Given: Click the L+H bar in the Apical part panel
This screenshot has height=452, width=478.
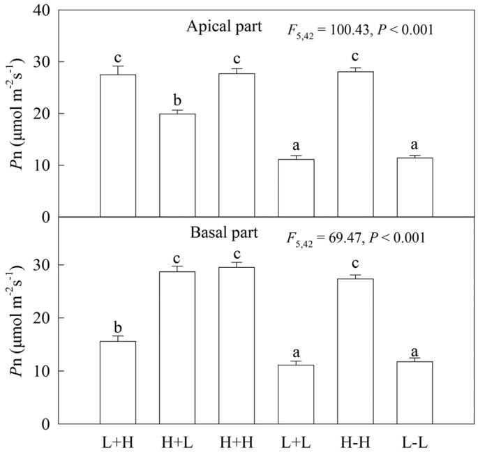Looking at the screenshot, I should (118, 146).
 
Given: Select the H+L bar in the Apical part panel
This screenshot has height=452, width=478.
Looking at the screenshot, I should (177, 165).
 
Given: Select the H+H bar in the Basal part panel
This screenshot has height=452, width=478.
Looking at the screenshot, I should (237, 345).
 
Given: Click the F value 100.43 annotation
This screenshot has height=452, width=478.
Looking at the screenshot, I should (352, 31).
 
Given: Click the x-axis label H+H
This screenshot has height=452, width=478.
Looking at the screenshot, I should (237, 441).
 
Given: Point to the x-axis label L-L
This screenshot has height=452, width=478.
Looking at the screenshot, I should (414, 441).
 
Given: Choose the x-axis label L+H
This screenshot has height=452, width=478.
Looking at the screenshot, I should (118, 441).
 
